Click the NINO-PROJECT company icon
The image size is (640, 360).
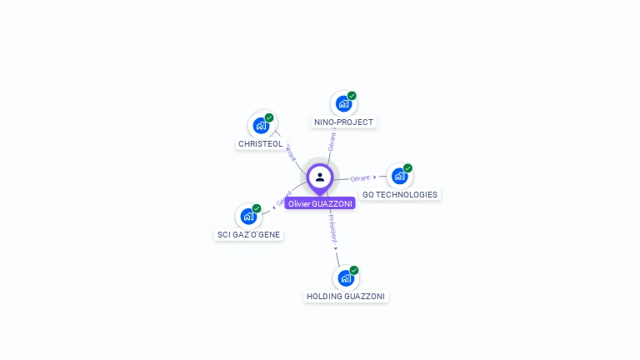[x=342, y=104]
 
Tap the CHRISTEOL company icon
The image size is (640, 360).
[x=261, y=126]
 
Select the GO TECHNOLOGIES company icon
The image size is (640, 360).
[x=399, y=177]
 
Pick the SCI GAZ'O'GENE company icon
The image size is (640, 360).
[x=247, y=217]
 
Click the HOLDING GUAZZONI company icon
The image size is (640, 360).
[x=345, y=278]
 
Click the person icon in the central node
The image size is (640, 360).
[x=320, y=177]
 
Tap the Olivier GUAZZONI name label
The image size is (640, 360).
[x=320, y=203]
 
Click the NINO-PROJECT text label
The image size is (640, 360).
[x=343, y=122]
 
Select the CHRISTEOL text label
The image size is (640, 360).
[x=261, y=144]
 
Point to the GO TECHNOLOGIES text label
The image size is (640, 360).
[x=400, y=195]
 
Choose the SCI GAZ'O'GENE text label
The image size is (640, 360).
[x=248, y=235]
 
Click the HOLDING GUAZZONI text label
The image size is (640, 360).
[x=346, y=297]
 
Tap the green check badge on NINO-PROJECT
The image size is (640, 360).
[x=352, y=96]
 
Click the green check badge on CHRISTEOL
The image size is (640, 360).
[x=269, y=117]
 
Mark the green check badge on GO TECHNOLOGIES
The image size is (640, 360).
[x=407, y=168]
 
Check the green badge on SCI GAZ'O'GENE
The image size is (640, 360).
[x=257, y=208]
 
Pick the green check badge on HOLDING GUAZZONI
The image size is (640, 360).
[x=354, y=270]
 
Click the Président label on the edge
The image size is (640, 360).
[x=332, y=227]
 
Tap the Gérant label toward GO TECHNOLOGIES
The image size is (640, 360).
[x=361, y=177]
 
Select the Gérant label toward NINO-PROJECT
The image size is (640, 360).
[x=332, y=141]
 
